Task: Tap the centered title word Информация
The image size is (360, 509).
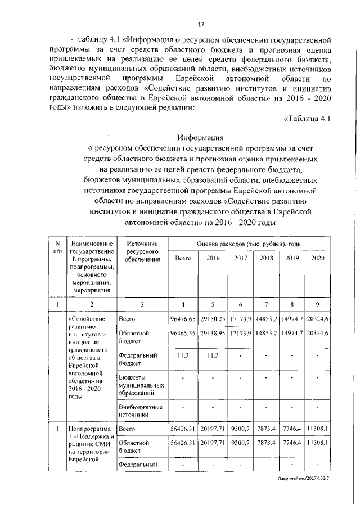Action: pyautogui.click(x=201, y=137)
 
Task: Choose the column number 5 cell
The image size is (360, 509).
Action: pyautogui.click(x=213, y=304)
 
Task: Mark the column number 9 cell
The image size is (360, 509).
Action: pyautogui.click(x=318, y=304)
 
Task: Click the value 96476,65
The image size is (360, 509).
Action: pyautogui.click(x=183, y=319)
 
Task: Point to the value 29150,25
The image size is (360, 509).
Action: pyautogui.click(x=213, y=319)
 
